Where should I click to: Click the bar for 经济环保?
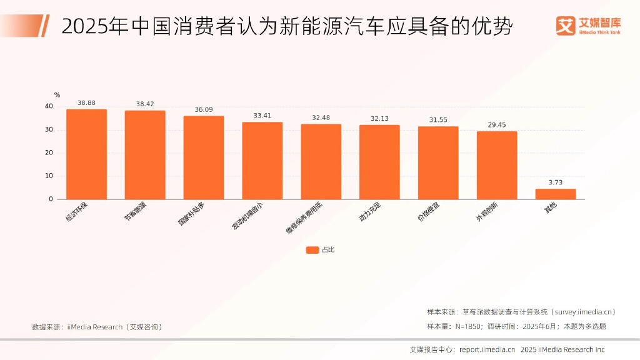tap(86, 154)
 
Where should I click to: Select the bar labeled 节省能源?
tap(145, 155)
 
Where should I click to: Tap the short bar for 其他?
tap(555, 194)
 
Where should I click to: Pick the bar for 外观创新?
tap(497, 165)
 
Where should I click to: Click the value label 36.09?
tap(204, 109)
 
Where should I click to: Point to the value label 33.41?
tap(262, 116)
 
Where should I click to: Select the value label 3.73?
tap(555, 182)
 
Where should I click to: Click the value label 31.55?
tap(438, 119)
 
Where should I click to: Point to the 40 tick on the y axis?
tap(49, 106)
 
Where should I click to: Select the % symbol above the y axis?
tap(57, 95)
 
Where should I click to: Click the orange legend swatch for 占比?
tap(312, 250)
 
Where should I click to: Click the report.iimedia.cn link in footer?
tap(487, 349)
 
